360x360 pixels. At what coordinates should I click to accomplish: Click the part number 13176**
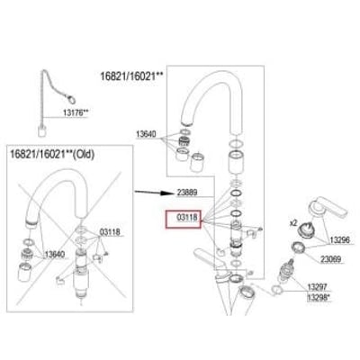pos(76,112)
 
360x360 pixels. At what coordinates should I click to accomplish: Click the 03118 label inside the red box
pos(187,218)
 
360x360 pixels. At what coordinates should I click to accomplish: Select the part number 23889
pos(187,193)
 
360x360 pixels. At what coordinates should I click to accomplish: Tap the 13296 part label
pos(340,240)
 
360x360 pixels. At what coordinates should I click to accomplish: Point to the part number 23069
pos(331,259)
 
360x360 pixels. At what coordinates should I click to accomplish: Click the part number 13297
pos(317,287)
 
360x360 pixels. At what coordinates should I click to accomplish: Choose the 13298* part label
pos(319,297)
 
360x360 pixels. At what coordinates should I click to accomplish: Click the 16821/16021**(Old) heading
pos(52,154)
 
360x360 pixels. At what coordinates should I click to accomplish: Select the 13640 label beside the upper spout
pos(146,134)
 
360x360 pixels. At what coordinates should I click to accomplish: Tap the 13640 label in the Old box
pos(55,255)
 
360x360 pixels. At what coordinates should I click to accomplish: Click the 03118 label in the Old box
pos(110,232)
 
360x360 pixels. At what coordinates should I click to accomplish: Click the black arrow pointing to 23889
pos(154,193)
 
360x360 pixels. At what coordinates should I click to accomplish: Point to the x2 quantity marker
pos(293,223)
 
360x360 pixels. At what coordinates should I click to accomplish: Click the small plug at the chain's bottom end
pos(42,131)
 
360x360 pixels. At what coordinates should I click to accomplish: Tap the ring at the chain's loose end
pos(71,98)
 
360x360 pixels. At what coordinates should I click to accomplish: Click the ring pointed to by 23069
pos(298,248)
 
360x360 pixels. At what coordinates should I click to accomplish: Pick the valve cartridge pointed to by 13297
pos(286,271)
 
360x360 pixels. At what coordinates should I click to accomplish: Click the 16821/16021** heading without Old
pos(131,76)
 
